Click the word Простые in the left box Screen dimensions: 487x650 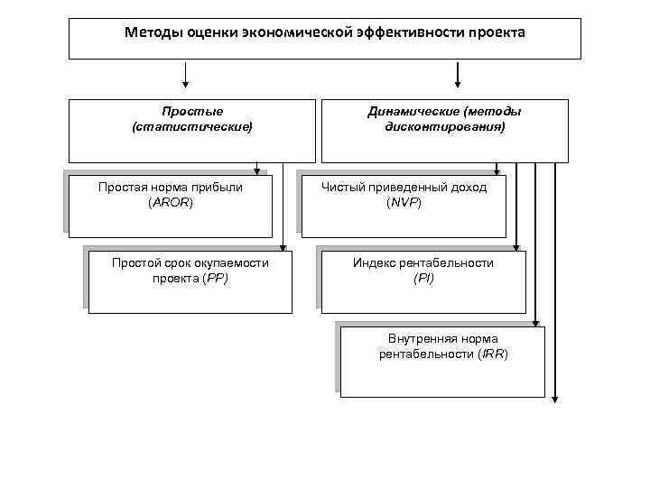191,112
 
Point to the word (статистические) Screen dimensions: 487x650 191,127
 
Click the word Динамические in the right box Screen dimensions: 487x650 414,112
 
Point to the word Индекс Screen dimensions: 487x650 373,262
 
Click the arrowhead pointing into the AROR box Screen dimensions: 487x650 257,170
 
